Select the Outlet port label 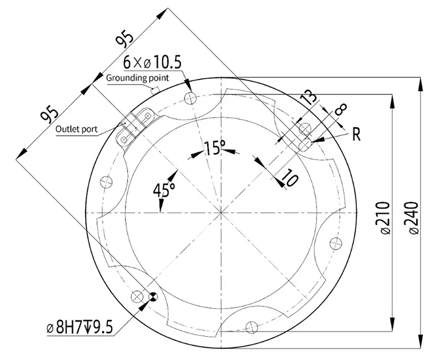point(76,130)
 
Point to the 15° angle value point(214,147)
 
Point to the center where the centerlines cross point(221,213)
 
